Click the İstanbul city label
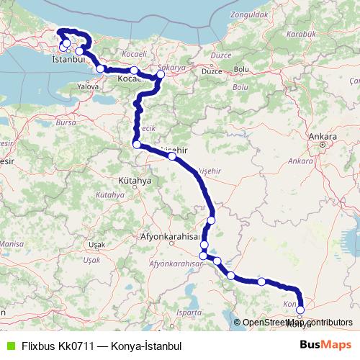click(69, 61)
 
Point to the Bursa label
click(66, 123)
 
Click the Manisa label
click(9, 245)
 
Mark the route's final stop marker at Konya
click(300, 310)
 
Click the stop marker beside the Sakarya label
click(161, 74)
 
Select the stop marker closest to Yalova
click(102, 68)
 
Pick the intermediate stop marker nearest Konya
click(261, 282)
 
